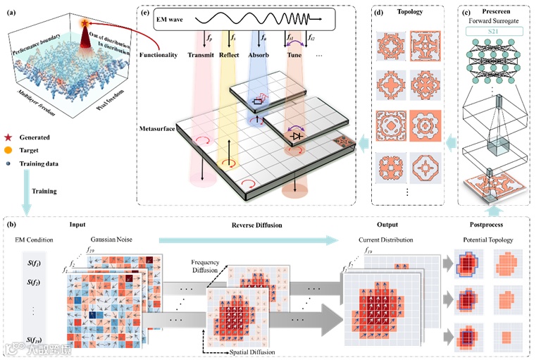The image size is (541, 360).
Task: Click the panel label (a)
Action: tap(12, 8)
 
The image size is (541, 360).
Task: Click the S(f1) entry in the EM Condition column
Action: tap(37, 264)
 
